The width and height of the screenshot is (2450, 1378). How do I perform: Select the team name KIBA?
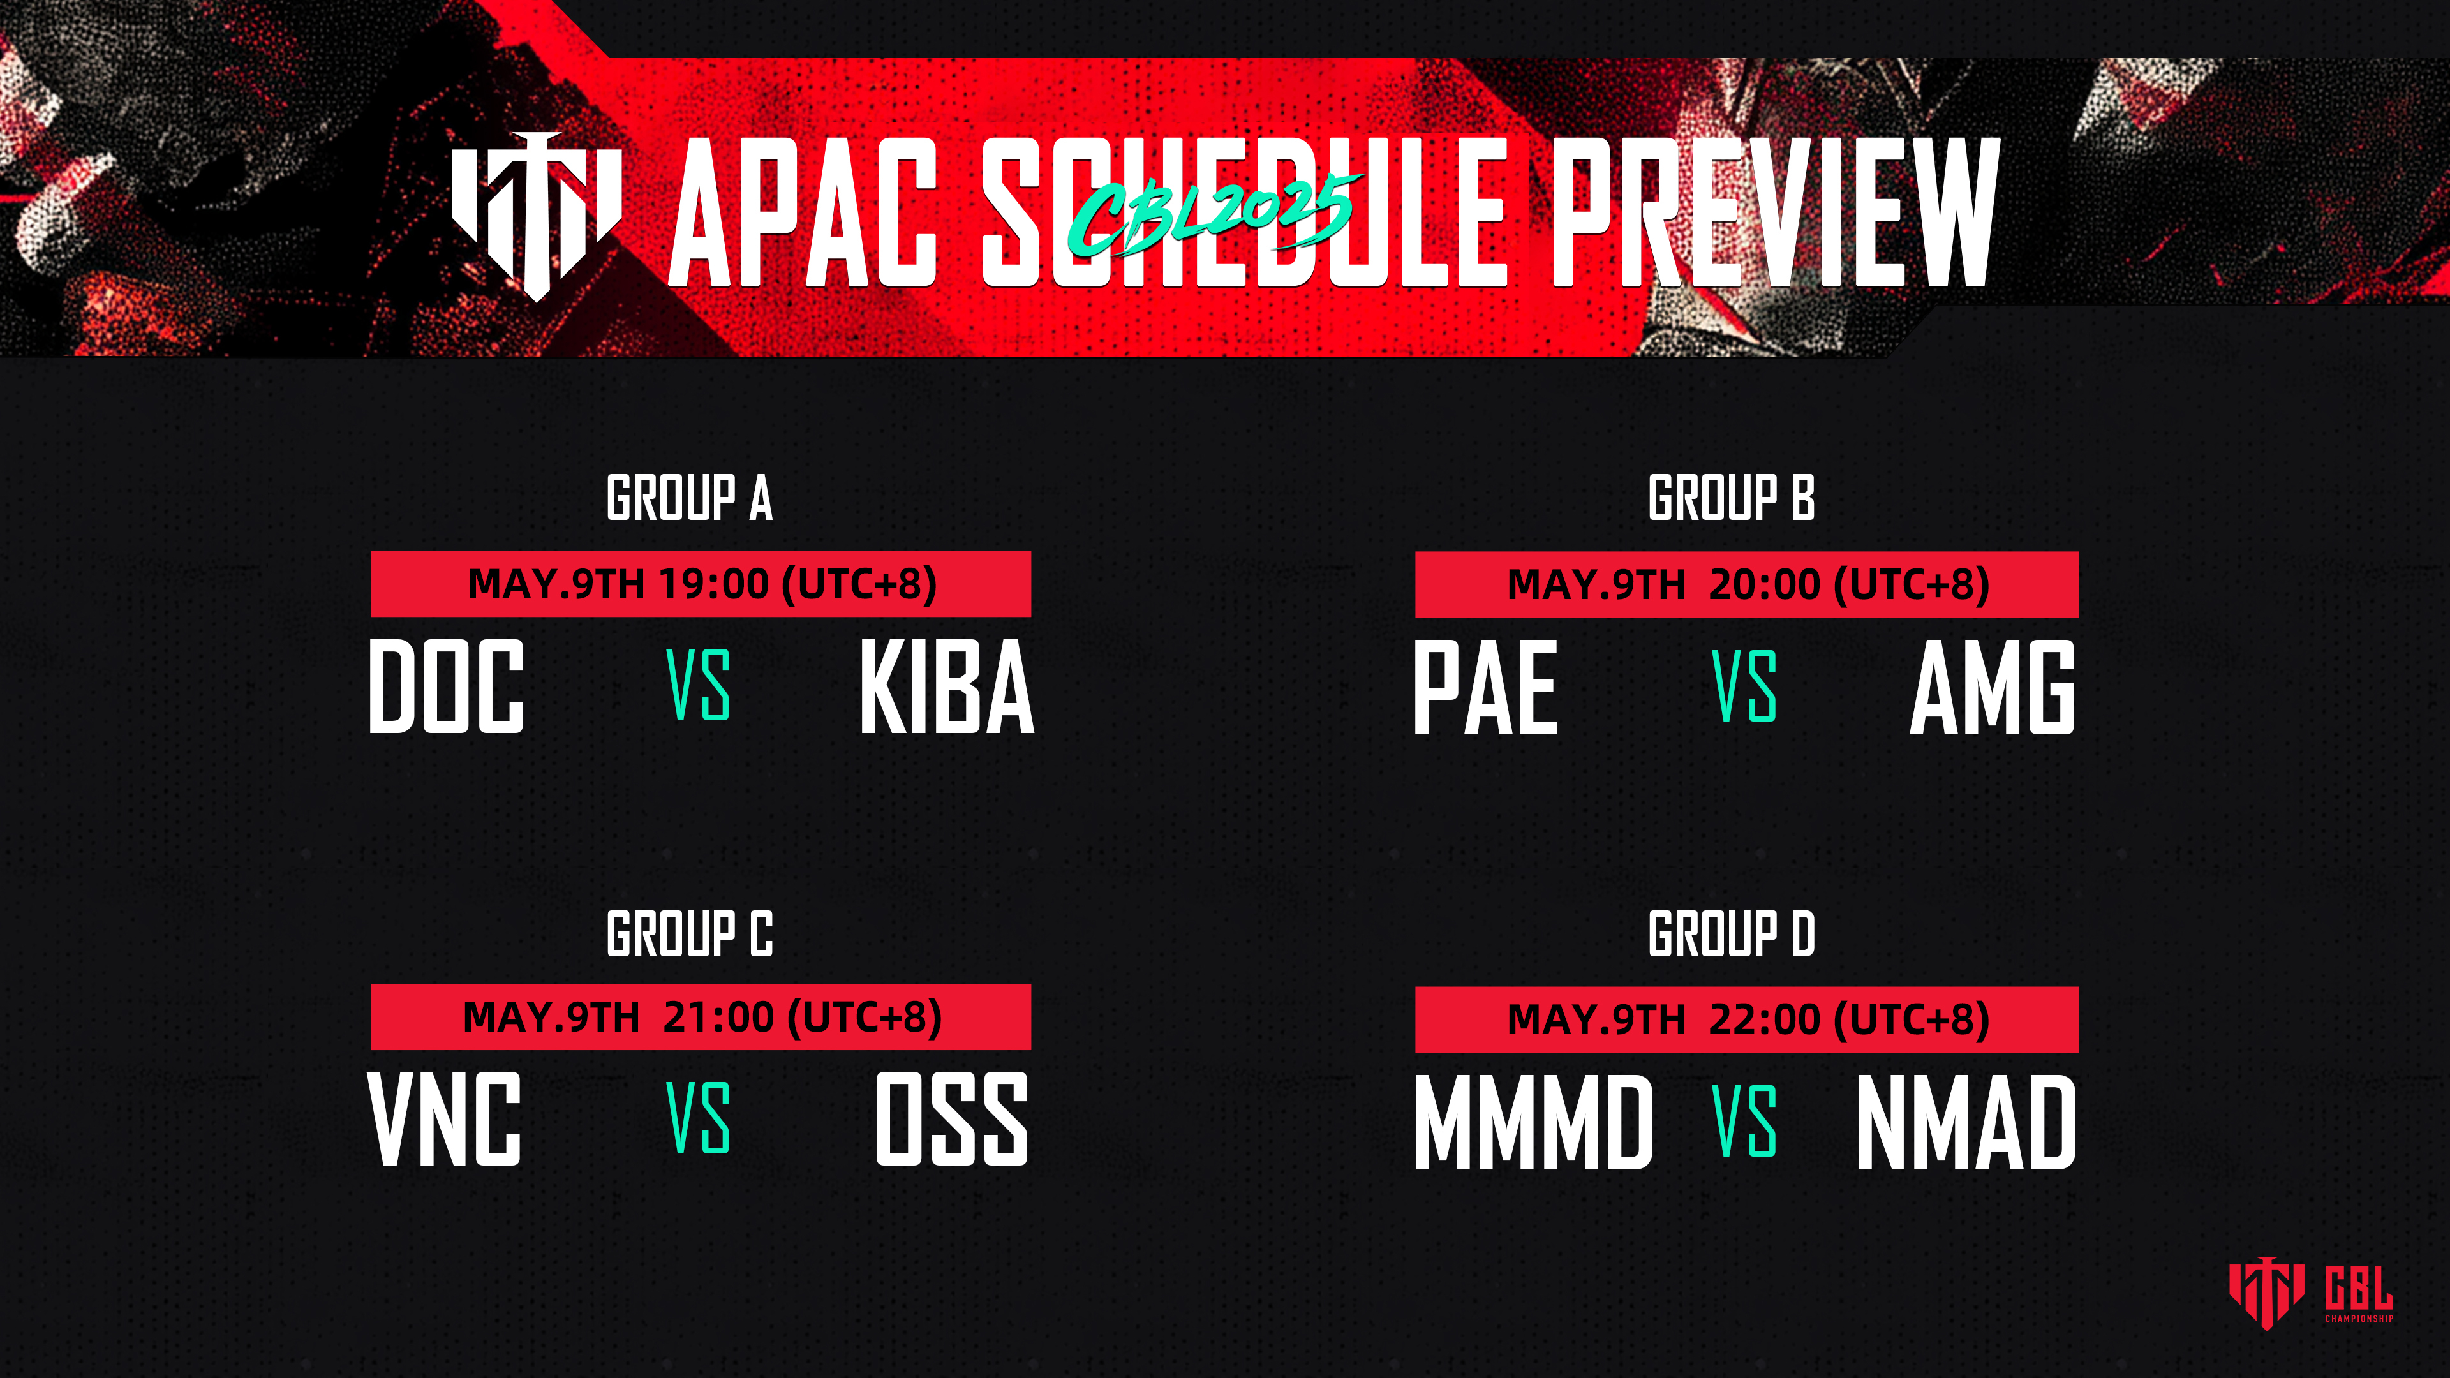(x=946, y=686)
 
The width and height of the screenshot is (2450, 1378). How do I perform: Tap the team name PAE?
(x=1485, y=686)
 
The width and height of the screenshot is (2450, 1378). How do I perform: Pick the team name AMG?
(x=1993, y=686)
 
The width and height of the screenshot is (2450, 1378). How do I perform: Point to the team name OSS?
(x=952, y=1118)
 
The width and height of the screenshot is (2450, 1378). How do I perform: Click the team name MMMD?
(x=1534, y=1122)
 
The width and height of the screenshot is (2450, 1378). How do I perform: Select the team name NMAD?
(x=1966, y=1122)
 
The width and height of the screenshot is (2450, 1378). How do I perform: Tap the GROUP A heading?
(x=690, y=498)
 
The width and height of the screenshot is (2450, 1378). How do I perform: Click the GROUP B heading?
(x=1731, y=498)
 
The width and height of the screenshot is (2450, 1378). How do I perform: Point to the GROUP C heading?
(x=690, y=934)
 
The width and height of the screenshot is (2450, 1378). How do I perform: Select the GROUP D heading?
(x=1731, y=934)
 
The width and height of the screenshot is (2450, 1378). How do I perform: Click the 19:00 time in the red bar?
(x=713, y=584)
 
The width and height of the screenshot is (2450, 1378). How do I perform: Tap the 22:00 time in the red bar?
(x=1764, y=1019)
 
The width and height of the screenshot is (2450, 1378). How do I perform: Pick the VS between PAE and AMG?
(x=1744, y=686)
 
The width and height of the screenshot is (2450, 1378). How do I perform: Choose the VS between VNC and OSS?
(x=698, y=1118)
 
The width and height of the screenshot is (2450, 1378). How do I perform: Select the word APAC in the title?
(x=805, y=211)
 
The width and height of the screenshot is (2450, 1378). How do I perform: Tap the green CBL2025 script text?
(x=1213, y=214)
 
